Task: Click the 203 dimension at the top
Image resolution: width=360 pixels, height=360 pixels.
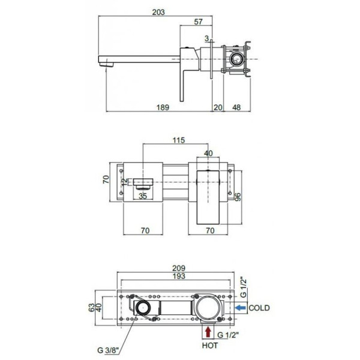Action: click(158, 12)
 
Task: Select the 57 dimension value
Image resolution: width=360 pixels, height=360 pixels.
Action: click(199, 22)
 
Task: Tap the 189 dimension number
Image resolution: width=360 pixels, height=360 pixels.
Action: click(163, 107)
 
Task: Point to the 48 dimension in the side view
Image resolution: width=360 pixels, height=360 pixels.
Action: click(236, 107)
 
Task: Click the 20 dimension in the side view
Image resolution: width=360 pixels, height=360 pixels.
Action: click(218, 107)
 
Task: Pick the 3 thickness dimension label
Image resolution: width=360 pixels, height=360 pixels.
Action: click(206, 38)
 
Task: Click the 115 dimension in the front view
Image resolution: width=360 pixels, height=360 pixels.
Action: click(179, 140)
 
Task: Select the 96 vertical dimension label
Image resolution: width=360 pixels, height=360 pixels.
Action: click(238, 197)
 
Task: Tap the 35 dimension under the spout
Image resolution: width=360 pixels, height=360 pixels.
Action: click(143, 196)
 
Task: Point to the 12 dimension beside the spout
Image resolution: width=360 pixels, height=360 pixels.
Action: click(124, 182)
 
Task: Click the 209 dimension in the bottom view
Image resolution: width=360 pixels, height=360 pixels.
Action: click(179, 268)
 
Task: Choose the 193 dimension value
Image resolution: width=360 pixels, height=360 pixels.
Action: click(179, 276)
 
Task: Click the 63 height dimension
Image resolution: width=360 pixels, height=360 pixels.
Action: click(92, 308)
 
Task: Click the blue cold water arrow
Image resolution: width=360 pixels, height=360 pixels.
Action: click(241, 307)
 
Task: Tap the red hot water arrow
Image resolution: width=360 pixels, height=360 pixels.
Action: click(208, 332)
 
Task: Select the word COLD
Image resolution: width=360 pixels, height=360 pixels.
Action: click(259, 308)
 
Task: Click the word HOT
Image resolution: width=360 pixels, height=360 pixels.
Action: click(210, 346)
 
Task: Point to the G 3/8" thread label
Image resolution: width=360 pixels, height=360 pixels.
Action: click(108, 350)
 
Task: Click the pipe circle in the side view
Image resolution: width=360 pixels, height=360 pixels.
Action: click(236, 59)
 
